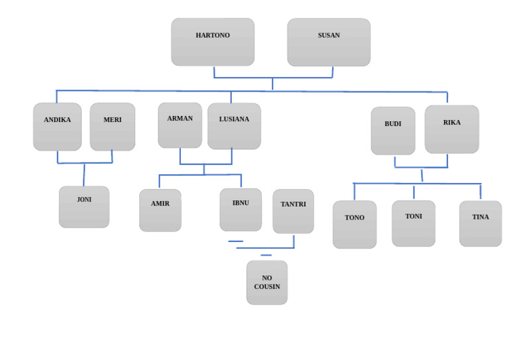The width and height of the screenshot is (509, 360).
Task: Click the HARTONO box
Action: pos(213,42)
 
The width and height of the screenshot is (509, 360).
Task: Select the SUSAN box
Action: pos(329,42)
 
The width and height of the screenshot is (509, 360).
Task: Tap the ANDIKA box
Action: pos(58,127)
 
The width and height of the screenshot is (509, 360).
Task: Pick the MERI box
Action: pos(113,127)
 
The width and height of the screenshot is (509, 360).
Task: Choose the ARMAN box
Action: pos(180,125)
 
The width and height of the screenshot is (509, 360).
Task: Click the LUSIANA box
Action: pos(234,126)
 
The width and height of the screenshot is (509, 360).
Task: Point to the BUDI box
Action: pos(393,131)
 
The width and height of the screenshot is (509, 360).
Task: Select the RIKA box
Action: pos(452,129)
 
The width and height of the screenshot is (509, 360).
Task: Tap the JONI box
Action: pos(84,207)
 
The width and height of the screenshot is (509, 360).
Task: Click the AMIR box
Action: pos(160,210)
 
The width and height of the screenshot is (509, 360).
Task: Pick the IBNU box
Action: pos(241,210)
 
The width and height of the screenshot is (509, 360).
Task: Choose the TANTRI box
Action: pos(293,211)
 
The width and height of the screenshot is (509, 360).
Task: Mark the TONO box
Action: pos(355,225)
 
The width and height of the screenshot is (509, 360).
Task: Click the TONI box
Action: pos(414,223)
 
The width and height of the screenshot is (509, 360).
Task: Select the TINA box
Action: pos(481,223)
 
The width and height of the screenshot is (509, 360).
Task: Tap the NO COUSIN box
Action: pos(267,282)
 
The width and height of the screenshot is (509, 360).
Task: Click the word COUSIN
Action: pos(267,287)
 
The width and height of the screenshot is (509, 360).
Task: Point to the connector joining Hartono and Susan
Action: pos(272,78)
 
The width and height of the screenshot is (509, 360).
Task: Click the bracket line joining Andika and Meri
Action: pos(85,162)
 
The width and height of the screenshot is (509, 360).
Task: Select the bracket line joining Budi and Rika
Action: pos(421,167)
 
